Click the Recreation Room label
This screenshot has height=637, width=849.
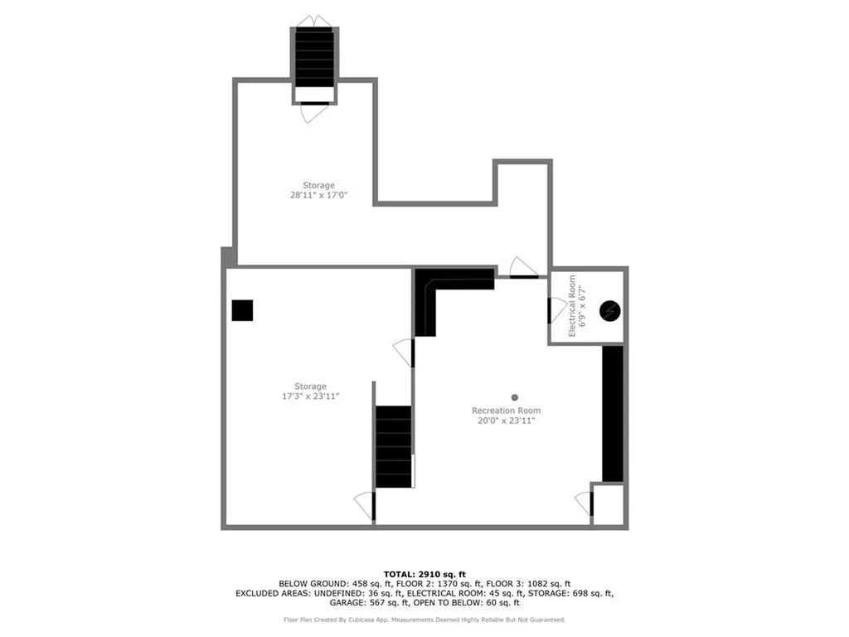click(506, 411)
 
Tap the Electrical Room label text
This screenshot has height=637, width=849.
click(572, 306)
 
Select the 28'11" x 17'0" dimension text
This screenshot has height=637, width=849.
click(318, 196)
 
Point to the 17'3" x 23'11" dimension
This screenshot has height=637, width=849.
click(311, 396)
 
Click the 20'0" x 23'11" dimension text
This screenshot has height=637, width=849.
click(506, 421)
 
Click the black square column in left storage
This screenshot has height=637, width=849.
click(242, 310)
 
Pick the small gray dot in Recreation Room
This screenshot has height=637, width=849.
click(514, 397)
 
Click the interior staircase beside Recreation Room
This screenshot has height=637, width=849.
click(393, 446)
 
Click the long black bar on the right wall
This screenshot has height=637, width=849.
click(613, 413)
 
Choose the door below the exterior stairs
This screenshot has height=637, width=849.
click(314, 111)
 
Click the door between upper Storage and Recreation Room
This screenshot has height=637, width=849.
click(523, 268)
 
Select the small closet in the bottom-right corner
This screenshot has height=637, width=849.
click(608, 503)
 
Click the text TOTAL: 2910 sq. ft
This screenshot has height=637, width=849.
click(424, 574)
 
